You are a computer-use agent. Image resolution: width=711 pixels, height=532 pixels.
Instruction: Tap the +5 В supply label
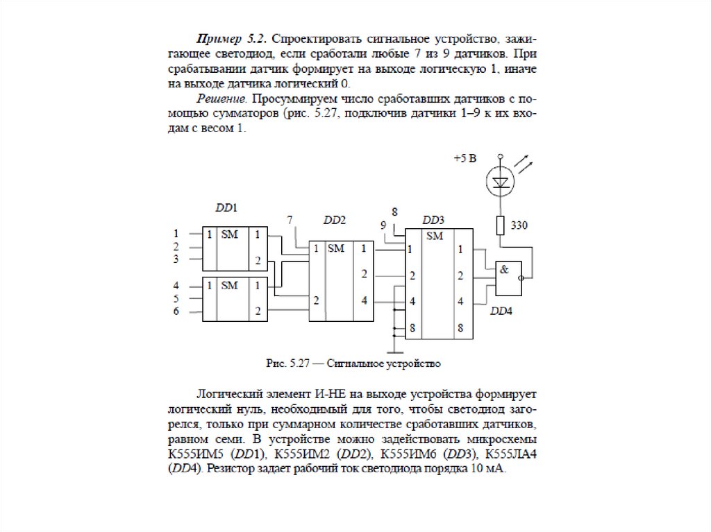tap(465, 159)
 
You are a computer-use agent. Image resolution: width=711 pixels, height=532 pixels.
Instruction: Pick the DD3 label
tap(433, 220)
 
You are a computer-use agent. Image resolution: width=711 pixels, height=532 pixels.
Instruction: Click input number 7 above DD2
tap(291, 220)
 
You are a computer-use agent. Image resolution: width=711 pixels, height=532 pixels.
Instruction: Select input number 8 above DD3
tap(394, 211)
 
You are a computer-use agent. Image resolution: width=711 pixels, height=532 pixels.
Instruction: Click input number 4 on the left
tap(176, 285)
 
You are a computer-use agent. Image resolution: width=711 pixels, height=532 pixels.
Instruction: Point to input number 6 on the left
tap(176, 311)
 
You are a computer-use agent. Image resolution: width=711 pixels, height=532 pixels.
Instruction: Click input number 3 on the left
tap(176, 259)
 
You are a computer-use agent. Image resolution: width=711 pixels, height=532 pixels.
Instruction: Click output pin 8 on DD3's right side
tap(460, 327)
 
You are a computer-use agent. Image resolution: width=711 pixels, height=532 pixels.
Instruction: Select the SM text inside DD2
tap(336, 248)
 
